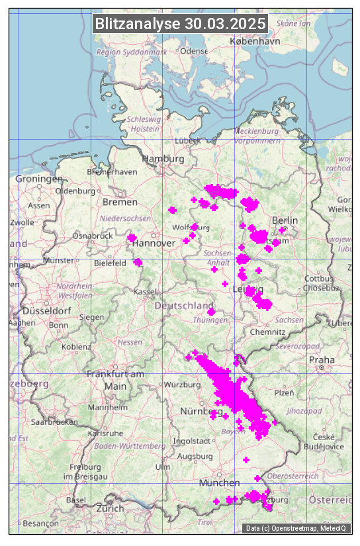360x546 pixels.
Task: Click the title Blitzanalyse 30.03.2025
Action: (x=180, y=24)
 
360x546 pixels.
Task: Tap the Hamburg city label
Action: (x=163, y=159)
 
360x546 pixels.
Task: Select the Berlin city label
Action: (x=285, y=220)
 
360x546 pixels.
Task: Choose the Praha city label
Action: (x=322, y=359)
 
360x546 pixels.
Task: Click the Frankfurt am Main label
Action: (x=115, y=380)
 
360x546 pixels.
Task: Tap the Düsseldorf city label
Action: (x=46, y=311)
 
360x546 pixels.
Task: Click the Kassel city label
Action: (x=144, y=291)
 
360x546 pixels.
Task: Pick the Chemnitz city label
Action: (x=273, y=332)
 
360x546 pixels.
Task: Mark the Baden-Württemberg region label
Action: (x=130, y=446)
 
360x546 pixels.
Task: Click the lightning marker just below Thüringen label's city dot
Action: (x=211, y=312)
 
